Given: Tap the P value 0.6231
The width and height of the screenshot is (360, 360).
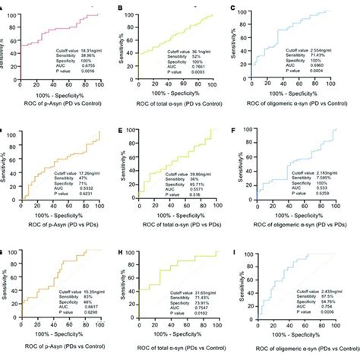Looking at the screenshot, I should (83, 194).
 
